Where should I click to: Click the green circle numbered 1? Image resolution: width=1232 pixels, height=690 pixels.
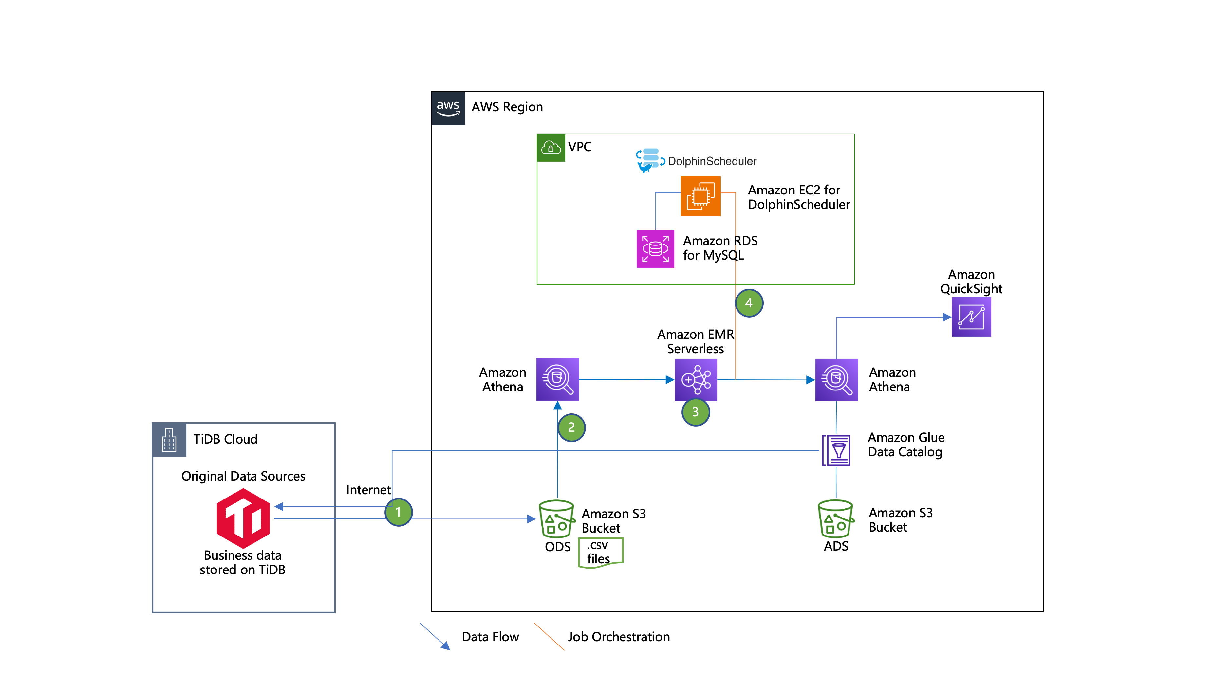(x=399, y=512)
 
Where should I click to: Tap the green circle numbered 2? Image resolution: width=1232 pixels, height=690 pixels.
(x=571, y=427)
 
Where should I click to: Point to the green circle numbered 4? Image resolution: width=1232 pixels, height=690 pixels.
(x=749, y=303)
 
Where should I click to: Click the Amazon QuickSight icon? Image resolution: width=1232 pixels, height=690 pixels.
(x=971, y=317)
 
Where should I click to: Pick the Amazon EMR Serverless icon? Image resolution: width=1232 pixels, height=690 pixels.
(x=696, y=380)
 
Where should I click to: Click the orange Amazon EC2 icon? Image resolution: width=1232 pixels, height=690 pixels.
(x=700, y=196)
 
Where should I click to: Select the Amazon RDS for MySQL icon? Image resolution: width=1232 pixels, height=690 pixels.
(x=655, y=249)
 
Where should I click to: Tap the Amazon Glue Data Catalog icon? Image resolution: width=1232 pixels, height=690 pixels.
(x=836, y=450)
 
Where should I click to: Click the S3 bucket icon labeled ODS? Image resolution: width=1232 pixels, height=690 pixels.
(x=556, y=519)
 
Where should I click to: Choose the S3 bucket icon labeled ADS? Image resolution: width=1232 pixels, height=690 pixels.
(x=835, y=519)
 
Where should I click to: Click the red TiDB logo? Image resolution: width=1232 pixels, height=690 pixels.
(x=243, y=518)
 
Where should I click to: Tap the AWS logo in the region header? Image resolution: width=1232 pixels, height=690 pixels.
(x=448, y=108)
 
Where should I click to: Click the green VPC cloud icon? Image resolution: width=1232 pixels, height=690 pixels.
(x=551, y=148)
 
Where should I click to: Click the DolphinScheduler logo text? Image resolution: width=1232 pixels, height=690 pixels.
(x=712, y=161)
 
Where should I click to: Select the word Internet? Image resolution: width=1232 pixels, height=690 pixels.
(x=368, y=490)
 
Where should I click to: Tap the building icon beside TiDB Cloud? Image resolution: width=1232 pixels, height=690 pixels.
(x=169, y=440)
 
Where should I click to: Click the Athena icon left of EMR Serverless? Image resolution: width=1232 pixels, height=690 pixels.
(x=558, y=379)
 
